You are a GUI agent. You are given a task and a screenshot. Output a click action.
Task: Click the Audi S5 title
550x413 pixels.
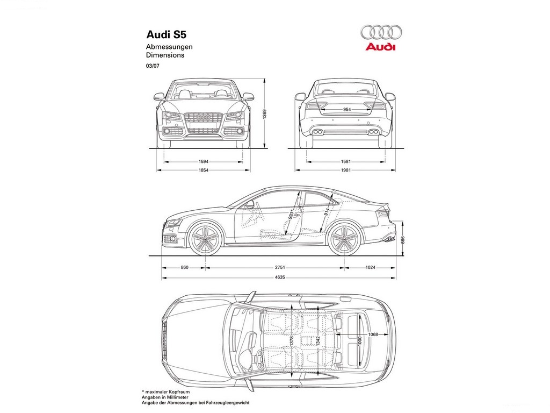pos(167,35)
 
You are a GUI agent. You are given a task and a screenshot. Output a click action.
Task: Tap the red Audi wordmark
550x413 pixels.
pos(380,47)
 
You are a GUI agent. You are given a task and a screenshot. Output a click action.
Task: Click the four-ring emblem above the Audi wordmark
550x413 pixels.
pos(381,32)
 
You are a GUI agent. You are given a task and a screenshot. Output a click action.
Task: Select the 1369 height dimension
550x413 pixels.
pos(264,114)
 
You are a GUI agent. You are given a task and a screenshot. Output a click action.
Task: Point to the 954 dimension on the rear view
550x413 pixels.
pos(346,110)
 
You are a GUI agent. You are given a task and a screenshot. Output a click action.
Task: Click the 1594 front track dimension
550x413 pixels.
pos(204,162)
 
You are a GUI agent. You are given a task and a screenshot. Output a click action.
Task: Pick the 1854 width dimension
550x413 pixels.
pos(204,170)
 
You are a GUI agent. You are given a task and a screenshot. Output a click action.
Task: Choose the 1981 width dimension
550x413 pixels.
pos(345,170)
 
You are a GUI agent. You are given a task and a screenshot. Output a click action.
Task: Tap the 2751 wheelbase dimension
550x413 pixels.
pos(279,268)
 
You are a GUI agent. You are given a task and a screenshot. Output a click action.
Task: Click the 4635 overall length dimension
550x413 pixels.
pos(279,277)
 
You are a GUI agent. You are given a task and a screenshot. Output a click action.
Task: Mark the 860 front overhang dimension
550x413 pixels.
pos(185,268)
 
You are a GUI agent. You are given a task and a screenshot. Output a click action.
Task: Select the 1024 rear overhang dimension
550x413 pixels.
pos(371,268)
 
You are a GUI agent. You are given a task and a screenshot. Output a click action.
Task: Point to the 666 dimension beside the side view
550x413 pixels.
pos(403,240)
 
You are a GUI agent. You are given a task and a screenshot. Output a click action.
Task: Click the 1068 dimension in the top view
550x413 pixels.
pos(373,334)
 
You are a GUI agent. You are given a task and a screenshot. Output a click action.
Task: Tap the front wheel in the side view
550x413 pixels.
pos(205,238)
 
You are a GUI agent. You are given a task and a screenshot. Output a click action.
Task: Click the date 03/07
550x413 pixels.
pos(152,65)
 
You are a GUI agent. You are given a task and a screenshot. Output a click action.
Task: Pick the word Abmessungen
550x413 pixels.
pos(169,47)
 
